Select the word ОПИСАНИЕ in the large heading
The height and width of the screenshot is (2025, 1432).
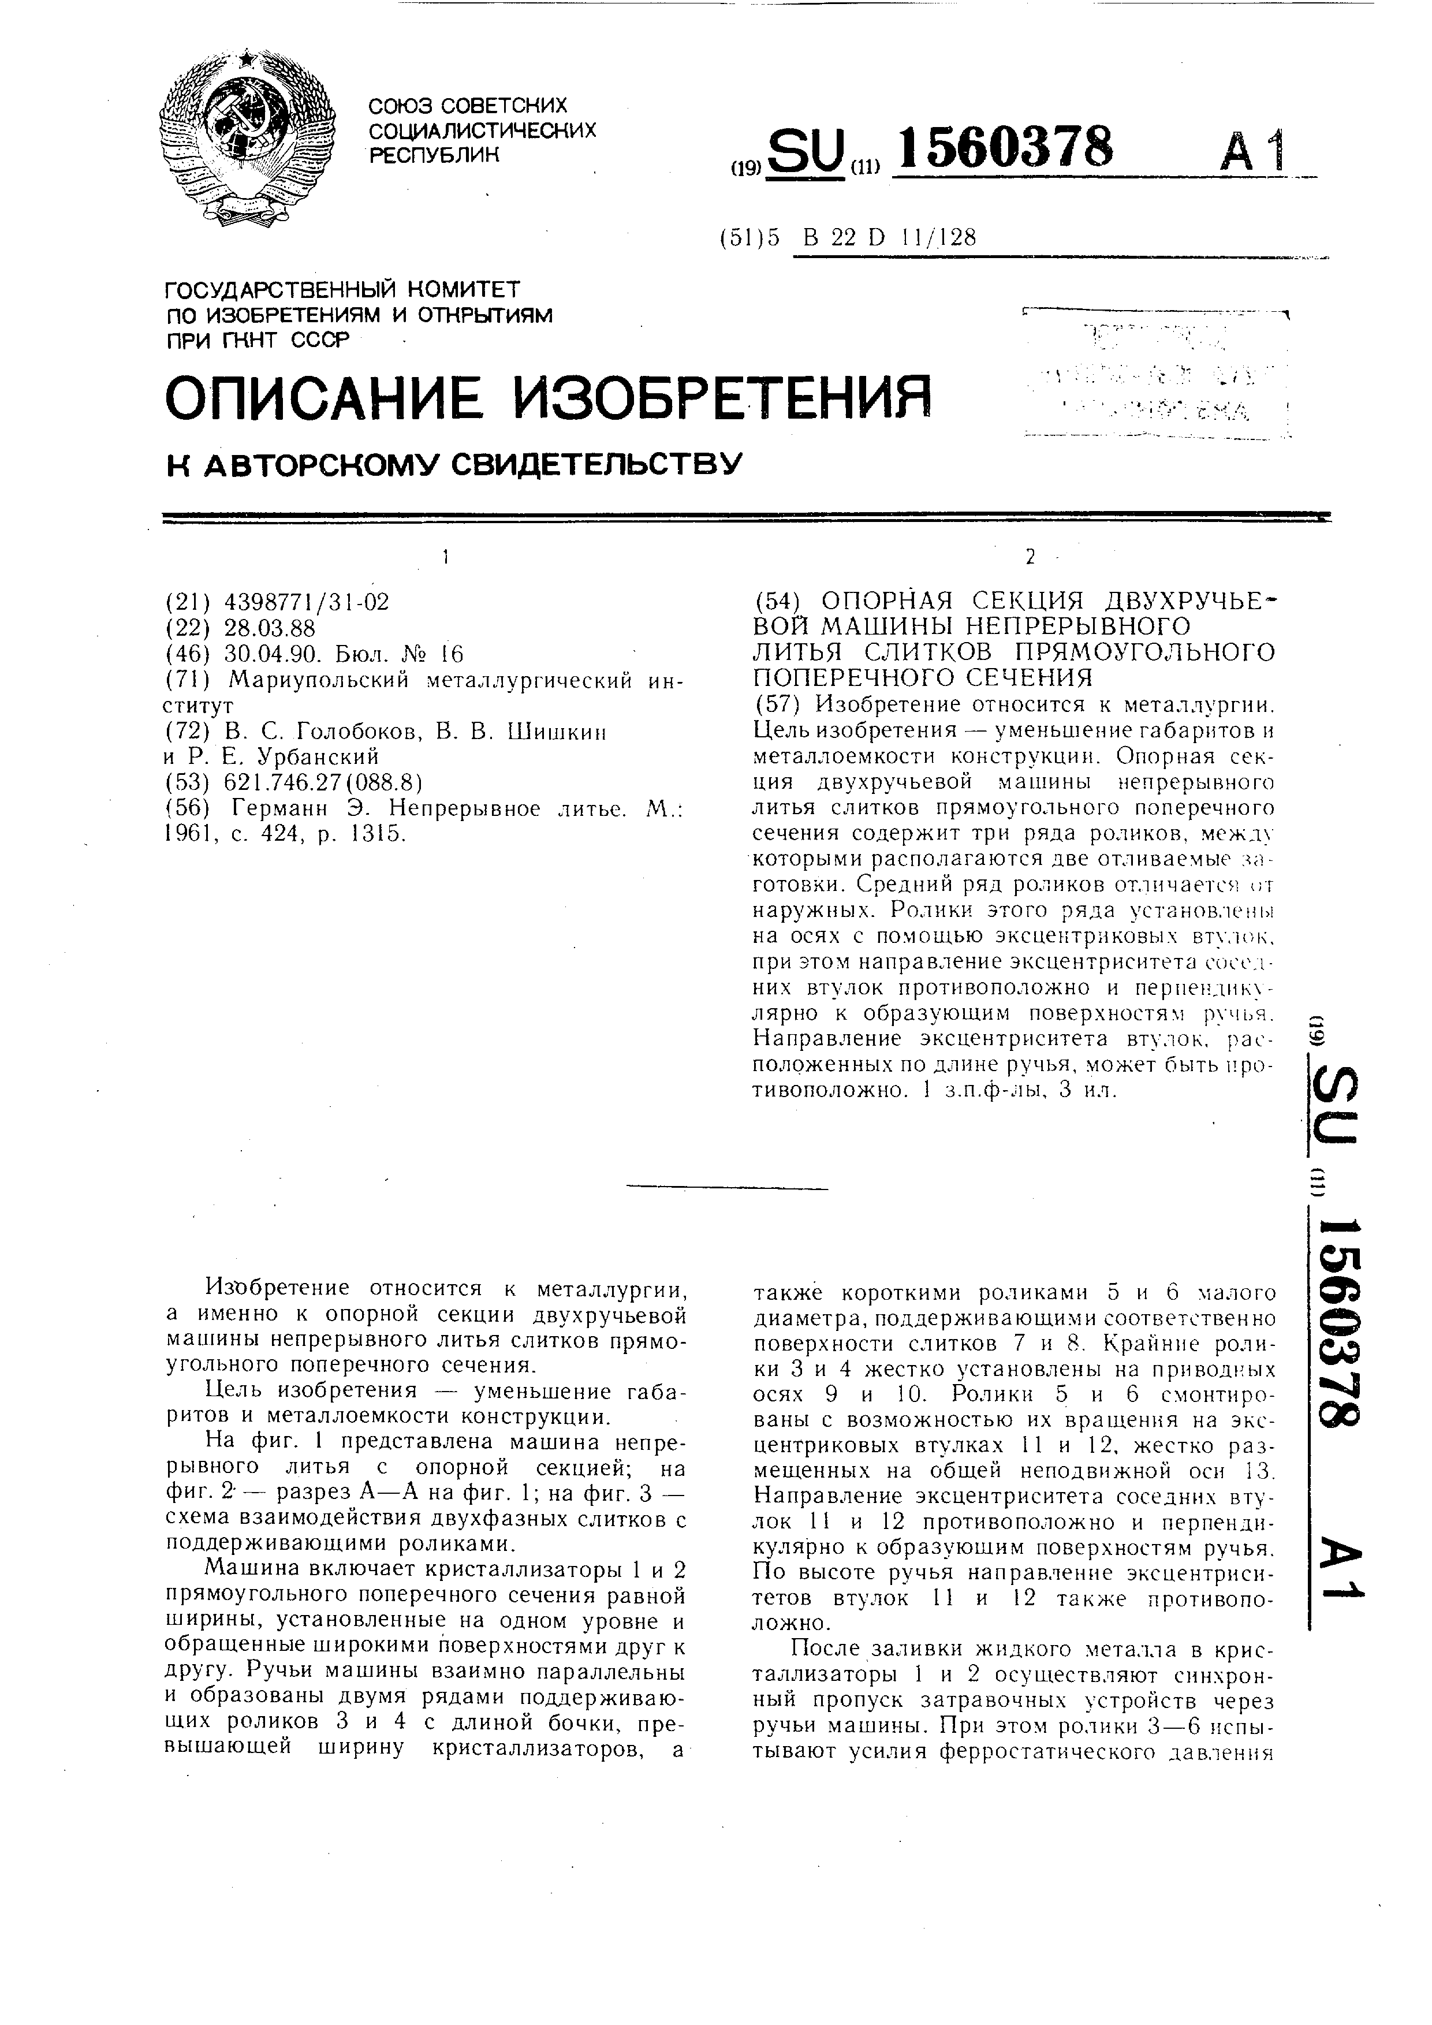[326, 398]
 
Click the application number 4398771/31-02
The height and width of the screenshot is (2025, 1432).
[307, 602]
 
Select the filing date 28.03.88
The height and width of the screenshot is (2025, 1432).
[270, 628]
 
